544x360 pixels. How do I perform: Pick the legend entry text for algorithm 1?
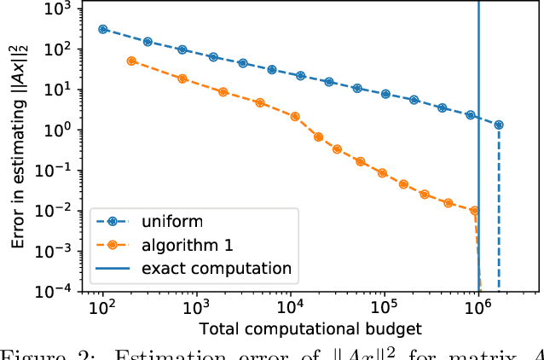coord(185,244)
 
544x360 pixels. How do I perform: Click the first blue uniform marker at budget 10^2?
coord(103,29)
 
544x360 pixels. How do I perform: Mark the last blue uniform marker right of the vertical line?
coord(499,125)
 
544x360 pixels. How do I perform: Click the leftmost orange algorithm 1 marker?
coord(131,61)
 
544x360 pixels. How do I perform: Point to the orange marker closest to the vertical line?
coord(474,210)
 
